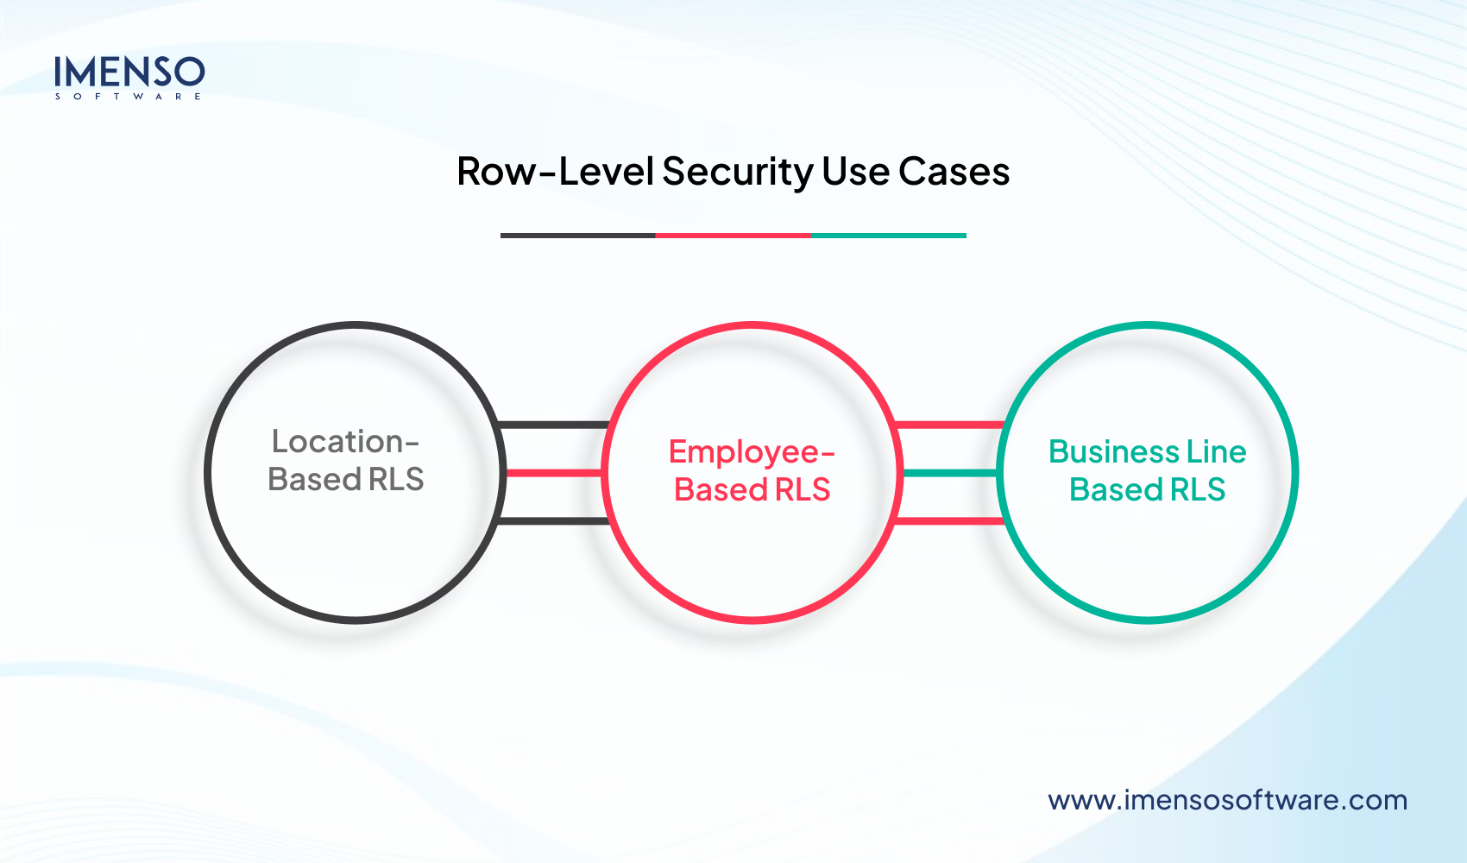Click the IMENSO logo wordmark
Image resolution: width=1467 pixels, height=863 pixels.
(x=129, y=72)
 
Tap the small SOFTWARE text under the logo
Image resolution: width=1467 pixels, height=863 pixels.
(x=129, y=97)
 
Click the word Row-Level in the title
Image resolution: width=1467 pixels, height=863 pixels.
(x=555, y=172)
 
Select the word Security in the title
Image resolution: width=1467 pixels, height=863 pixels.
(x=737, y=172)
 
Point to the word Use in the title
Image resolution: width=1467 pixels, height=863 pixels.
(x=855, y=172)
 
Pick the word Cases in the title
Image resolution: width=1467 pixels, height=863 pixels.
(x=954, y=172)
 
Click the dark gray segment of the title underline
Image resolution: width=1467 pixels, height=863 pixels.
(x=577, y=235)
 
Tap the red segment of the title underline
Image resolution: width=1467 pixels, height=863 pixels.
(x=733, y=235)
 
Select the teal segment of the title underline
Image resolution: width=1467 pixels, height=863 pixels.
(x=888, y=235)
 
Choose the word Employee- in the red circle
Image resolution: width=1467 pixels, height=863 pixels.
(x=752, y=452)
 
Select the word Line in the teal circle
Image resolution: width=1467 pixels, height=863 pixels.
(x=1216, y=452)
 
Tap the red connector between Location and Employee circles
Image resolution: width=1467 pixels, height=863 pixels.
(x=554, y=473)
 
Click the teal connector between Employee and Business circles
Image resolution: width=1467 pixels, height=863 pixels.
(x=949, y=473)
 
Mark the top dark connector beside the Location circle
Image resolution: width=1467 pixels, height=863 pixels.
(x=554, y=425)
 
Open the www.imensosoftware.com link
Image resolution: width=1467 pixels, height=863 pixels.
(x=1227, y=800)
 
